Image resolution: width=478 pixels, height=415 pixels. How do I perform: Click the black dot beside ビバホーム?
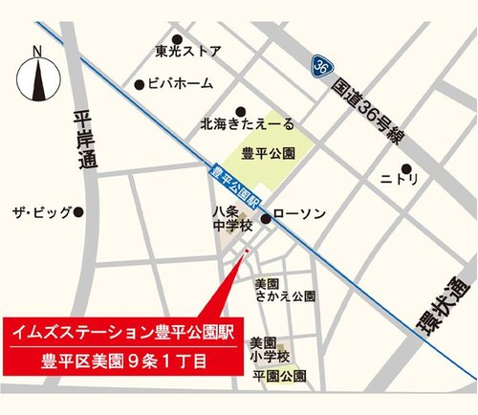tap(140, 84)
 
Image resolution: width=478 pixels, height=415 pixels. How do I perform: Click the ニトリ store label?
tap(399, 178)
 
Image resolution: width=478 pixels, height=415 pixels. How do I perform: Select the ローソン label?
tap(301, 214)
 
